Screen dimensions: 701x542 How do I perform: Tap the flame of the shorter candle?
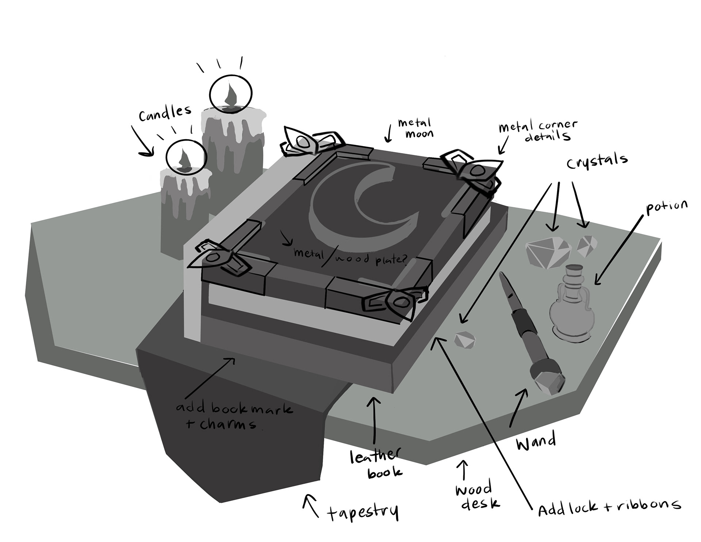(184, 159)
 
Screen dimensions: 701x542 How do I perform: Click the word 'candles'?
(165, 113)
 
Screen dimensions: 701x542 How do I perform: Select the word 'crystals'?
(597, 161)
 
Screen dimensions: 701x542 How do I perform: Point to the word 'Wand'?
(536, 442)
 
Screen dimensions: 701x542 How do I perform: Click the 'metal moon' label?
(415, 128)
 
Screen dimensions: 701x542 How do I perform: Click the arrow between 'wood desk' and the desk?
(464, 470)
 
